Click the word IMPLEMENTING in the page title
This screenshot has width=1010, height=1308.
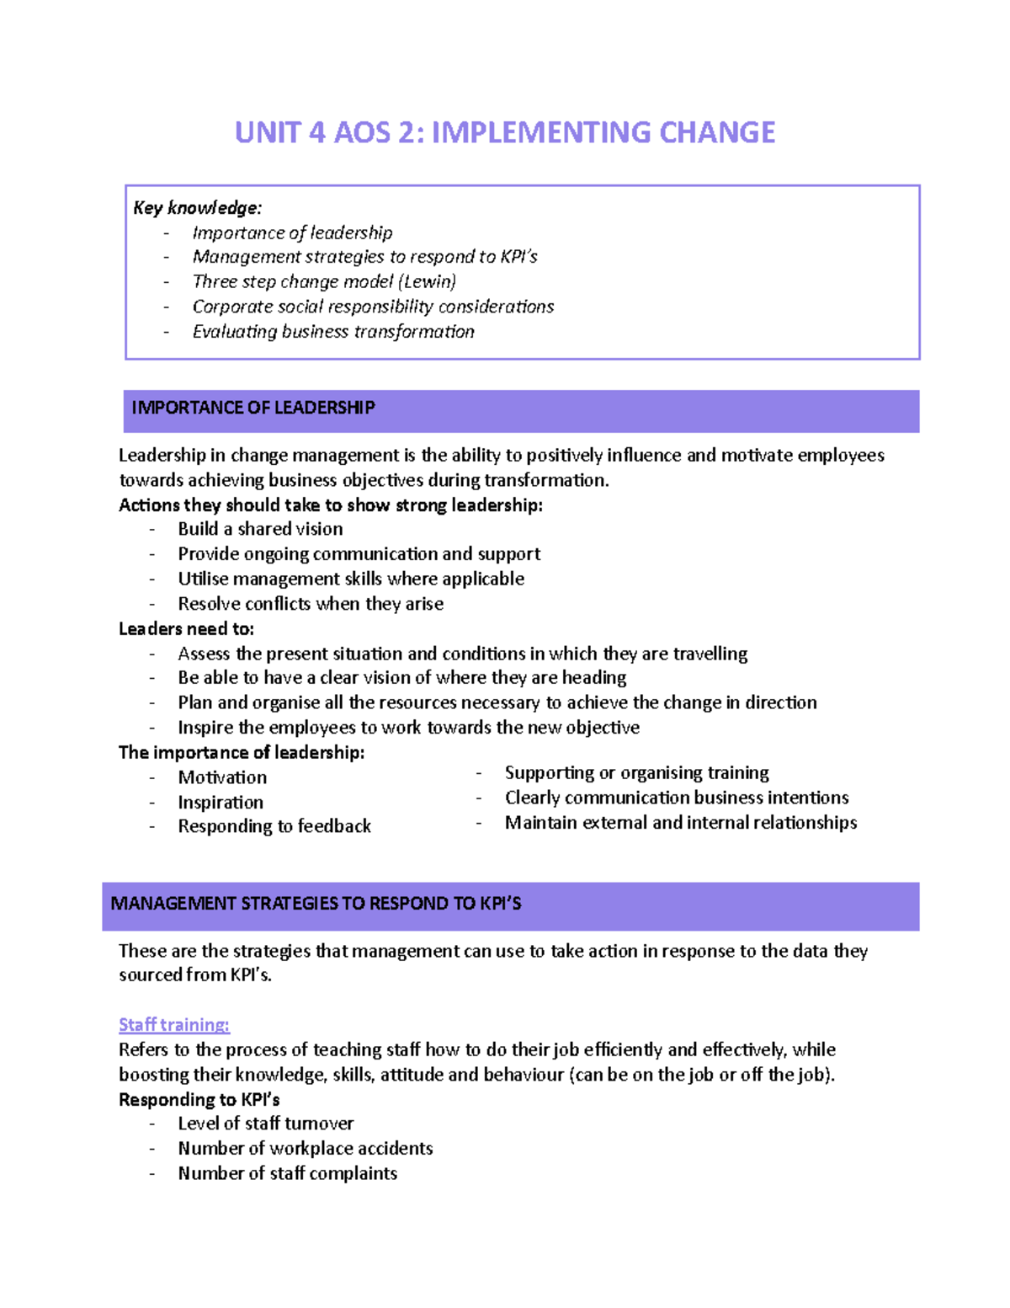[540, 133]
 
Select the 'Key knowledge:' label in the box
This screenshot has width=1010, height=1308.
[198, 208]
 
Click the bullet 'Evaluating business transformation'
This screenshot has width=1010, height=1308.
[333, 332]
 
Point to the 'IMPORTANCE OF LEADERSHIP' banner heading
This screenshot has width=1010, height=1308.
[253, 408]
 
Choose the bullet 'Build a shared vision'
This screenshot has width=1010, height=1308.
[260, 529]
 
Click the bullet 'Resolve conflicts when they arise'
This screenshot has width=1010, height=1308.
[311, 604]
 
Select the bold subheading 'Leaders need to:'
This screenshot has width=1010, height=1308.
[186, 629]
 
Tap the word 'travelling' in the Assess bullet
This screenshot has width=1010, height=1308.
[705, 654]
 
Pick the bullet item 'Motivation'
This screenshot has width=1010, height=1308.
[222, 777]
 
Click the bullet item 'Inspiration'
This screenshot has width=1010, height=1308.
[221, 803]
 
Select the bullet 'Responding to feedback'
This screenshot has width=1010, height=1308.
[274, 826]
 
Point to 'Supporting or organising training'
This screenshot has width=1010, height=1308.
[636, 773]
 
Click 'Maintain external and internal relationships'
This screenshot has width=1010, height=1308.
[681, 823]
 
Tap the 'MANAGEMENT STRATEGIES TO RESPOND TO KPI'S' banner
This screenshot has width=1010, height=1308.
[316, 904]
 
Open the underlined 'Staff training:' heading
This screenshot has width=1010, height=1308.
[174, 1025]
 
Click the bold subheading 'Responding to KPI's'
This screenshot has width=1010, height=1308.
[199, 1100]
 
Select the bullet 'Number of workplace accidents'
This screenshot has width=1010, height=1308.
[306, 1149]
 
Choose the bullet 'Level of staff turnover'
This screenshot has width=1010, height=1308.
[266, 1124]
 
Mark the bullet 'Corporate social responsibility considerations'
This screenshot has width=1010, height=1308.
[373, 307]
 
